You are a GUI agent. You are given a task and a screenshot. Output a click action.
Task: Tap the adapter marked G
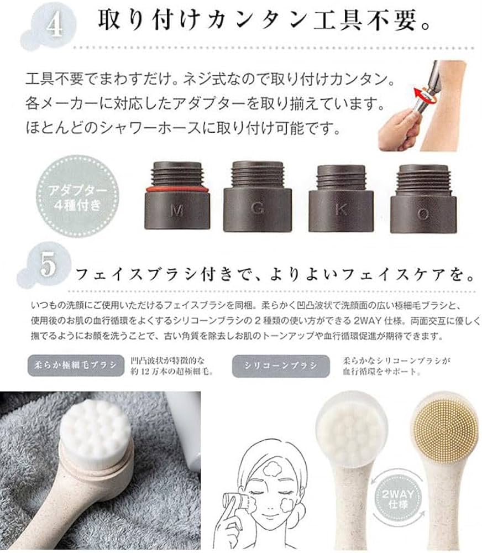click(257, 196)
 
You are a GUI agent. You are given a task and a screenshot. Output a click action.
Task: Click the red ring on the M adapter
click(177, 189)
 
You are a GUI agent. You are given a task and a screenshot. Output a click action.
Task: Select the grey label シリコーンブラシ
click(280, 365)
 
